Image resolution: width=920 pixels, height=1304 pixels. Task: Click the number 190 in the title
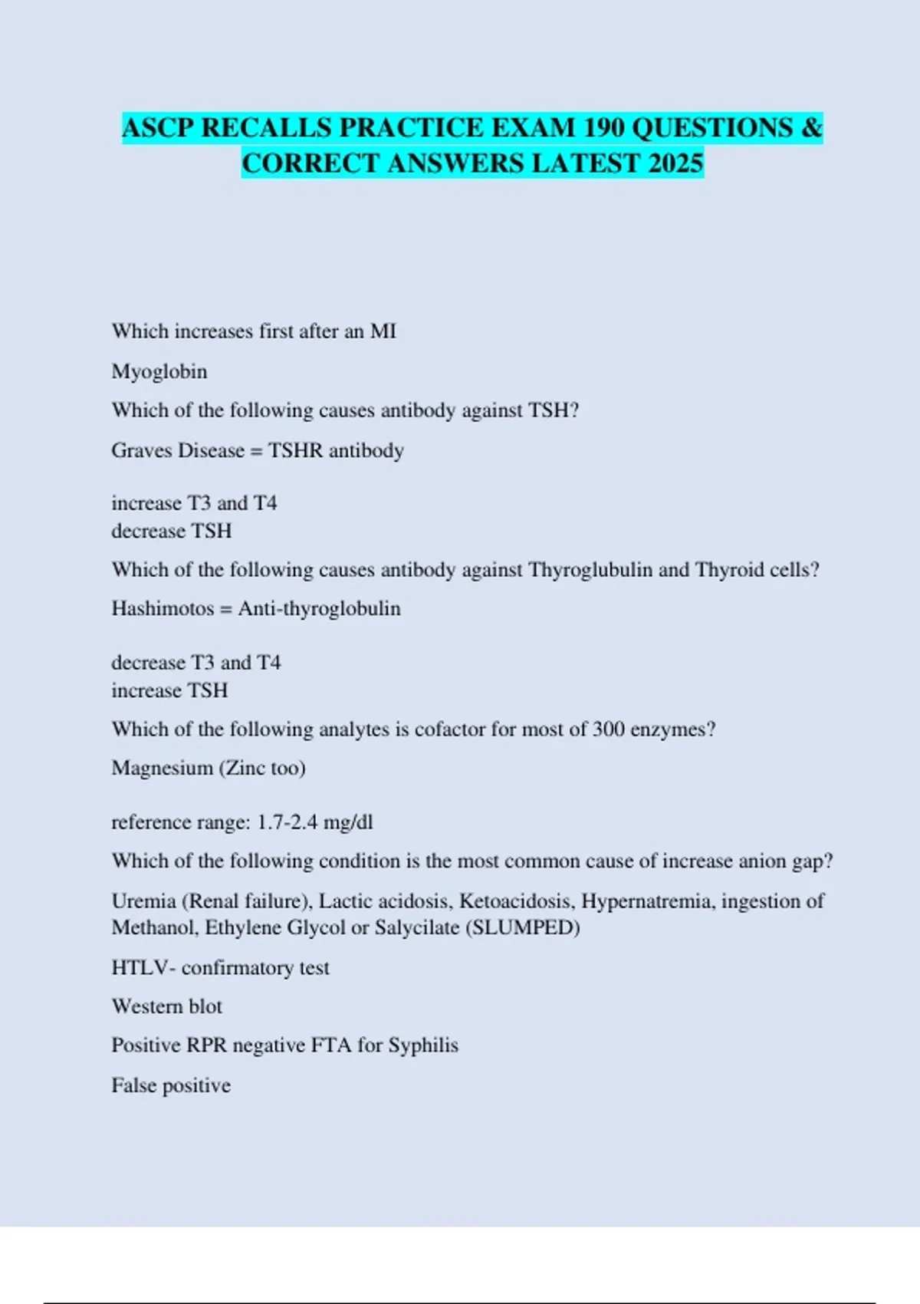[604, 127]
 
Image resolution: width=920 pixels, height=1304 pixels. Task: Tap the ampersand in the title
[812, 127]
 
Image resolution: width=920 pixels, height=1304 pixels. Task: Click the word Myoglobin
[159, 372]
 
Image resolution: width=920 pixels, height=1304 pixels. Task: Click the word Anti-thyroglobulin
[320, 609]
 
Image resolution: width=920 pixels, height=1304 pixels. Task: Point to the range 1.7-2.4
[287, 822]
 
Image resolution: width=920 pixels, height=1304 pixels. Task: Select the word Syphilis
[423, 1046]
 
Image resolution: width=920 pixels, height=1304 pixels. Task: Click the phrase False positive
[171, 1086]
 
